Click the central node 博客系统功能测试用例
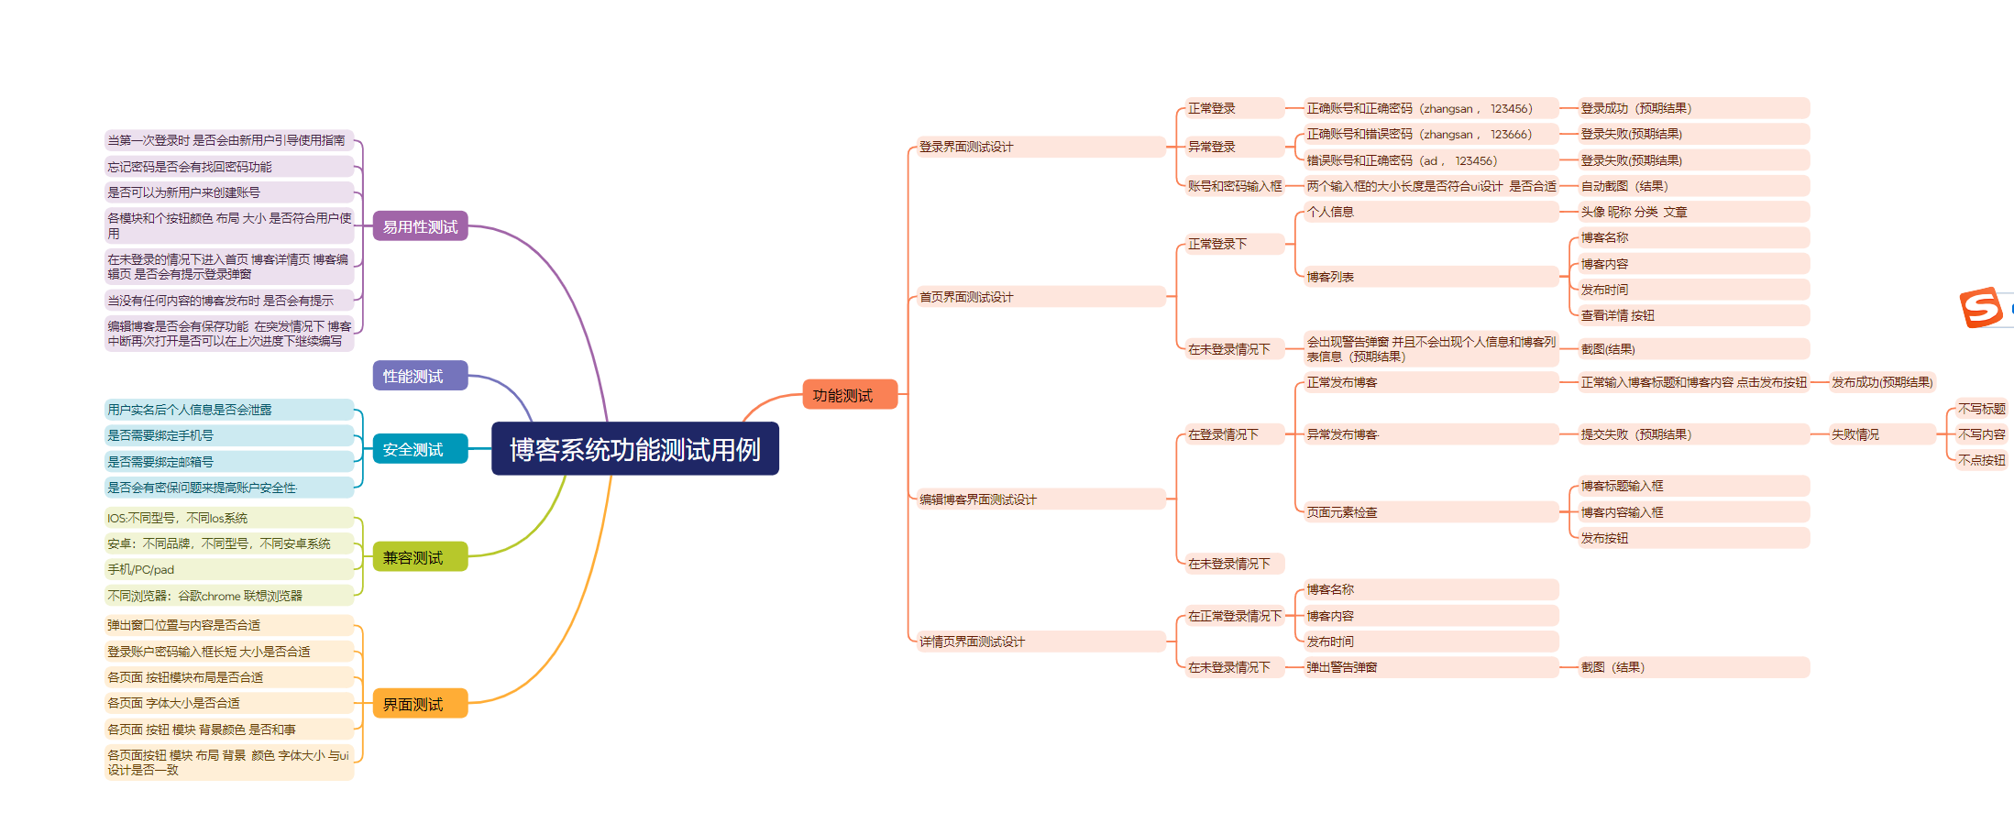[634, 449]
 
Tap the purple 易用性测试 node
[420, 226]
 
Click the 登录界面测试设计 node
[966, 147]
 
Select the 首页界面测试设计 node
[966, 297]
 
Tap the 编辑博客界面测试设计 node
[977, 499]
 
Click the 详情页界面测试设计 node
[972, 642]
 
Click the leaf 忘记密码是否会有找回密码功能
[190, 167]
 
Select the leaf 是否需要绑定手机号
[160, 435]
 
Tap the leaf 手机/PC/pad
[141, 569]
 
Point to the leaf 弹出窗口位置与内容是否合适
[184, 625]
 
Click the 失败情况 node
[1855, 434]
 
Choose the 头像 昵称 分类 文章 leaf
[1634, 212]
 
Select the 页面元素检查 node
[1342, 512]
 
